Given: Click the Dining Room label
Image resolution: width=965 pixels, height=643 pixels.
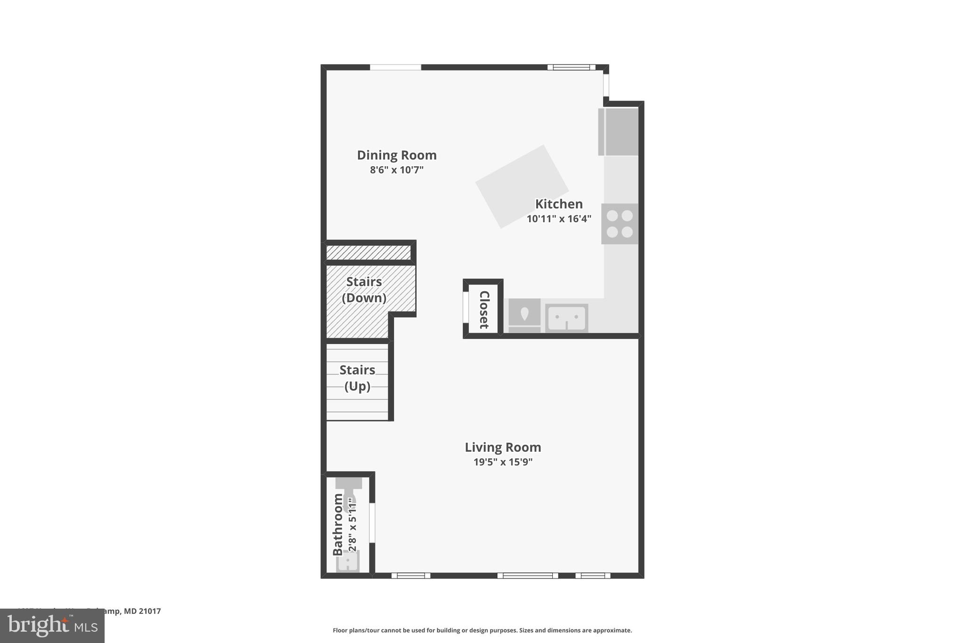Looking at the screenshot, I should pos(397,155).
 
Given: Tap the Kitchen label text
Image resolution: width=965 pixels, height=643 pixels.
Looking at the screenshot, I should pos(559,204).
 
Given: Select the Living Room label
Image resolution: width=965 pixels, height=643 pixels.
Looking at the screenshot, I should pos(503,447).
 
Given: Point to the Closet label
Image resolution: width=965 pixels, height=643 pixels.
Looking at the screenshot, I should pos(484,309).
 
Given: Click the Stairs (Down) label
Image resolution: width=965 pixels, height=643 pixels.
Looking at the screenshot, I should pos(364,290).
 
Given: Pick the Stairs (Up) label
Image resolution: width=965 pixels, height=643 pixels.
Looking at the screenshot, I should pos(357,378).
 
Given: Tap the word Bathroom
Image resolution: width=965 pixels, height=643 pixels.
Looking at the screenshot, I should pos(338,524).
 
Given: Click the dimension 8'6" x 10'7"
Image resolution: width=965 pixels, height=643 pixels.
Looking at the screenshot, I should pos(397,170).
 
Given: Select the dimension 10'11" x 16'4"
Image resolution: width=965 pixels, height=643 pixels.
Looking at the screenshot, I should pos(559,219).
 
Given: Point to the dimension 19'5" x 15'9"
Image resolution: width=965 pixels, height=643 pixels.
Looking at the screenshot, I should pos(503,462).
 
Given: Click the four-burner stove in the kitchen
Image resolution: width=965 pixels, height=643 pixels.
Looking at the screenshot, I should pos(620,224).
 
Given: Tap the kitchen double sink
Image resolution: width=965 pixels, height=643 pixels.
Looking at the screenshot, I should pos(566,318).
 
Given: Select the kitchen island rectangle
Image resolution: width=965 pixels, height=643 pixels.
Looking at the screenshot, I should pos(522,187).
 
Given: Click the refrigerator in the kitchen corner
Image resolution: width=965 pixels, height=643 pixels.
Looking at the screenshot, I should pos(618,132).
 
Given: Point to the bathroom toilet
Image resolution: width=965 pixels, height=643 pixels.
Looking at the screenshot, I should pos(349,495).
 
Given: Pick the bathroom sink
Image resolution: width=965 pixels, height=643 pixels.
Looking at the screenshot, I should pos(348,561).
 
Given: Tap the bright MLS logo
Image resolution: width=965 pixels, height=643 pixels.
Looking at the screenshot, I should pos(52,626).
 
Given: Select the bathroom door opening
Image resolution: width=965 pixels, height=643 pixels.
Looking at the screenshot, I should pos(372,523).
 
